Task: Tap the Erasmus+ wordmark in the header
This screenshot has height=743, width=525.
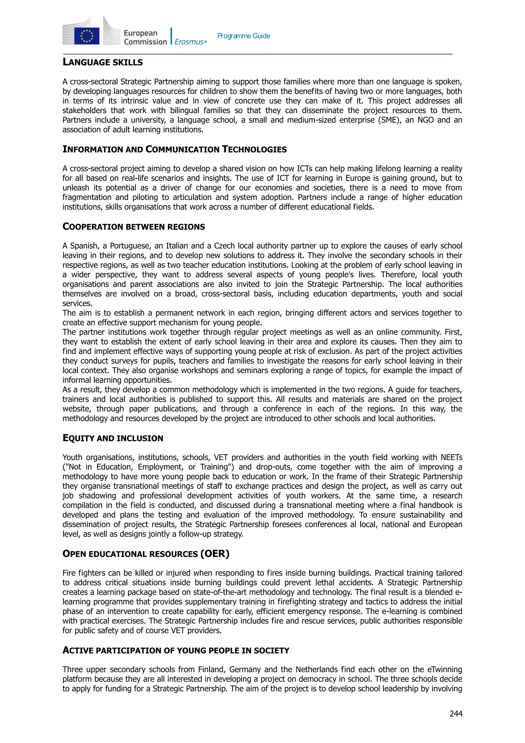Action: click(191, 42)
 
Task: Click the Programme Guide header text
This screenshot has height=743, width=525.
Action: click(244, 36)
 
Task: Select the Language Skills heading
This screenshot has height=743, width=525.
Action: click(103, 62)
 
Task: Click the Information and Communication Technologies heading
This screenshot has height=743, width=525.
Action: click(175, 149)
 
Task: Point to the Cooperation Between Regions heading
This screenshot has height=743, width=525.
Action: click(134, 226)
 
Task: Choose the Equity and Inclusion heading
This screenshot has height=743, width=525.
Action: click(113, 438)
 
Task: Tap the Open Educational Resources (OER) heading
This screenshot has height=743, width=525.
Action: click(146, 554)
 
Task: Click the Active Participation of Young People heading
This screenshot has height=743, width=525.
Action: click(176, 650)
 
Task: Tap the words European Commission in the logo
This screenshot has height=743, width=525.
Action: click(145, 37)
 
